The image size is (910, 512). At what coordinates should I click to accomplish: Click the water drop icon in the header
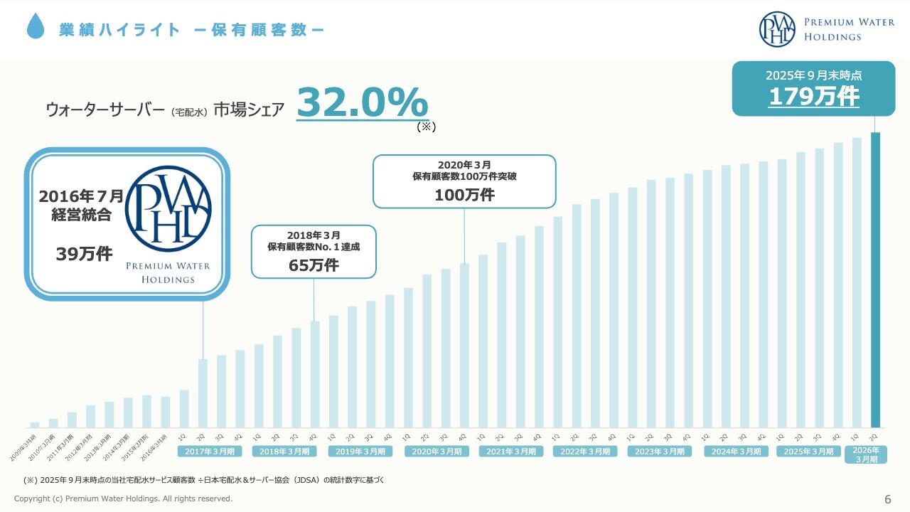click(x=35, y=28)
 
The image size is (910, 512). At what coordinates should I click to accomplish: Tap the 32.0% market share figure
click(x=362, y=102)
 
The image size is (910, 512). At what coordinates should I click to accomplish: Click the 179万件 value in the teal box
click(x=813, y=97)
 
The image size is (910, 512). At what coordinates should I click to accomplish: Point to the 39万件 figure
click(x=84, y=254)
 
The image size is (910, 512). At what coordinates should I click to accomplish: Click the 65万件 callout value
click(x=314, y=265)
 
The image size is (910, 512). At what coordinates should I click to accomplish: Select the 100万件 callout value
click(x=464, y=195)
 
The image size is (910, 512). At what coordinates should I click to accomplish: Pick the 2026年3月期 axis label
click(x=865, y=454)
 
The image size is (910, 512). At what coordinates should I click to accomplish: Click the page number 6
click(x=887, y=498)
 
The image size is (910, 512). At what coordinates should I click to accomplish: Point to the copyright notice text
click(x=123, y=498)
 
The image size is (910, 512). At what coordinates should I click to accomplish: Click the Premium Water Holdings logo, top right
click(x=817, y=29)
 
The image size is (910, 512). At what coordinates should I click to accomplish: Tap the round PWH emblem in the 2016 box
click(x=168, y=209)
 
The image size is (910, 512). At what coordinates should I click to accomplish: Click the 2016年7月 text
click(x=81, y=196)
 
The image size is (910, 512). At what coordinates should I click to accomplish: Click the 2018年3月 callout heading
click(x=314, y=235)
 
